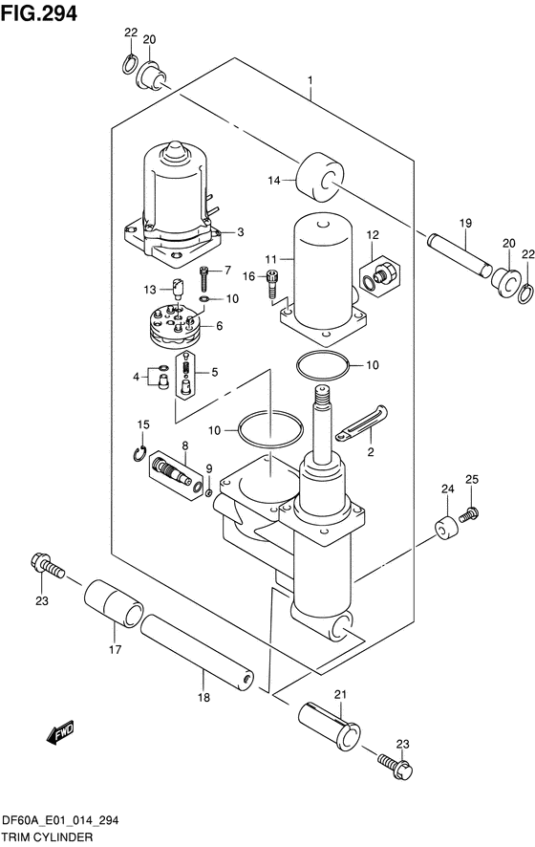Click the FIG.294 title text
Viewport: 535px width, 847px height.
[x=39, y=13]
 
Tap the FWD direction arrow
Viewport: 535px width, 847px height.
[x=60, y=731]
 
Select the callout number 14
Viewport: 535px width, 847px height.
[x=274, y=181]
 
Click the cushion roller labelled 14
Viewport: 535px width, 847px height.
[x=320, y=179]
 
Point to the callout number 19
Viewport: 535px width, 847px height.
[x=465, y=223]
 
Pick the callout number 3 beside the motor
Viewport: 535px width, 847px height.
[x=240, y=232]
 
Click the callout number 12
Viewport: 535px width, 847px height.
[x=373, y=235]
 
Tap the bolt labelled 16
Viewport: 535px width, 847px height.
[x=272, y=284]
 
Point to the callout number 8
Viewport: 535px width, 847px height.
[x=184, y=445]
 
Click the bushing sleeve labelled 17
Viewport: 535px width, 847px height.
[x=114, y=604]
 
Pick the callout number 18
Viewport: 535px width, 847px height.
[x=203, y=697]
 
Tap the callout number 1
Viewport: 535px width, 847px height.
[x=310, y=81]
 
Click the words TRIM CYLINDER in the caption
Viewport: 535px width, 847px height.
[x=47, y=837]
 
